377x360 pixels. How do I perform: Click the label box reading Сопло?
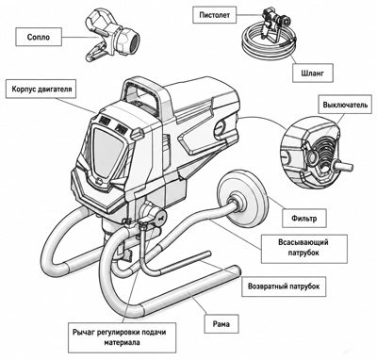pyautogui.click(x=39, y=37)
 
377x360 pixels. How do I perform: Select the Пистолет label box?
pyautogui.click(x=215, y=15)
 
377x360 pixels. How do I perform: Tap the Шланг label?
pyautogui.click(x=313, y=74)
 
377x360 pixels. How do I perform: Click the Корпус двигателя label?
pyautogui.click(x=41, y=90)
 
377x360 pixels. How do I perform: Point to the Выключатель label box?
pyautogui.click(x=345, y=105)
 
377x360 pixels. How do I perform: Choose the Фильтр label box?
pyautogui.click(x=303, y=219)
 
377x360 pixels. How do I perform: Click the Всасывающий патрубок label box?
pyautogui.click(x=303, y=248)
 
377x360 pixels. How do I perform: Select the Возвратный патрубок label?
pyautogui.click(x=284, y=286)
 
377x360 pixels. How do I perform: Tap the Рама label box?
pyautogui.click(x=221, y=323)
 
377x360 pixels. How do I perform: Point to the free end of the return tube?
pyautogui.click(x=207, y=253)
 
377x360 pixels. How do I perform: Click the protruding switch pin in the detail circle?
pyautogui.click(x=344, y=166)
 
